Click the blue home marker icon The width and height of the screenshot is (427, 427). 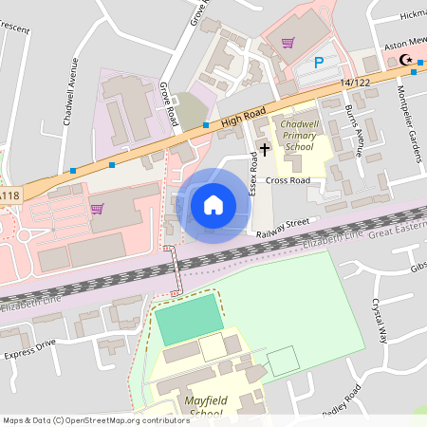click(x=213, y=204)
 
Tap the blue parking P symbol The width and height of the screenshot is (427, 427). click(x=319, y=63)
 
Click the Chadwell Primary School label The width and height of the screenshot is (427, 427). click(x=298, y=135)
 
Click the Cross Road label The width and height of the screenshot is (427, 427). click(x=288, y=179)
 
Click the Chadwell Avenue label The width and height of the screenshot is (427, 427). click(x=69, y=93)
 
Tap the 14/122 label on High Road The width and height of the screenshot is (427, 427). click(x=355, y=84)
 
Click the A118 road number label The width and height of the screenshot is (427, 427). click(x=9, y=195)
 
